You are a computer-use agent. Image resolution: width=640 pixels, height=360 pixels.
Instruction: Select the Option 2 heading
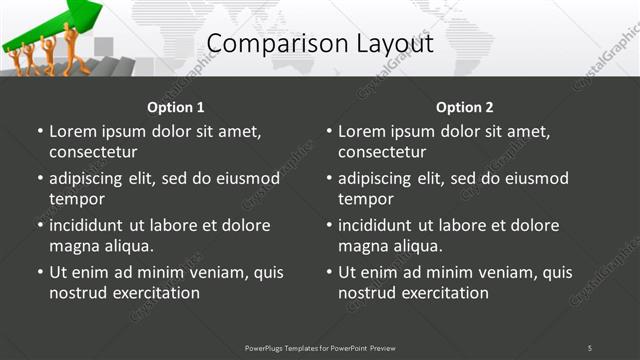coord(464,107)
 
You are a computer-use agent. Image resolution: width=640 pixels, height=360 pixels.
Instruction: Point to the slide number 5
coord(589,348)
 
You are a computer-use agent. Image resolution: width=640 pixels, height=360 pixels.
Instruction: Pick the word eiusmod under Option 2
coord(534,178)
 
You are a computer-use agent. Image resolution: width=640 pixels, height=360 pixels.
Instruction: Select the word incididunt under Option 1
coord(94,225)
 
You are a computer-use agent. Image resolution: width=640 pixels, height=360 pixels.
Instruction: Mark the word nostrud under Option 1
coord(77,293)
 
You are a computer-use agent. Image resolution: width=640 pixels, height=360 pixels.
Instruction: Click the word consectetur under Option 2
coord(382,152)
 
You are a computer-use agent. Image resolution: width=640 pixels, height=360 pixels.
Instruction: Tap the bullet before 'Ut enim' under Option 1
coord(40,272)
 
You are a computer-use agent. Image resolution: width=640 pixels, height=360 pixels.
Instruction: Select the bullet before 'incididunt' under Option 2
coord(329,225)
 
